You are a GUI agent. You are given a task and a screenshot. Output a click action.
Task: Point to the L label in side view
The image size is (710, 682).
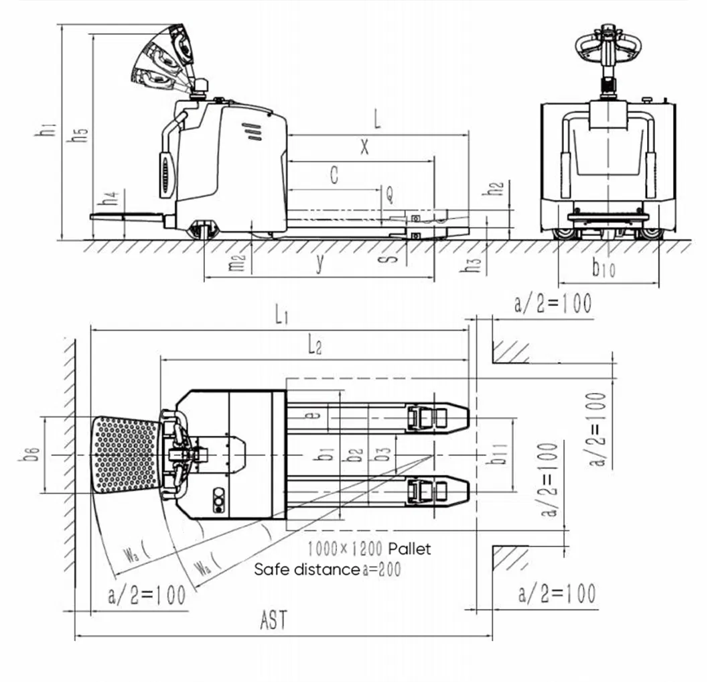pos(378,121)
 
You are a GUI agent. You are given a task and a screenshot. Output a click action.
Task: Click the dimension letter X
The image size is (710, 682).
pos(364,147)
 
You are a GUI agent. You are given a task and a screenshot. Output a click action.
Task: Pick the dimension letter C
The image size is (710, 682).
pos(335,176)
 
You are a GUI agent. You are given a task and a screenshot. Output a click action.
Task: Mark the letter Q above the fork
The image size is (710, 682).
pos(389,195)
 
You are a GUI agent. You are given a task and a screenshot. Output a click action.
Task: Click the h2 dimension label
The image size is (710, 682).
pos(496,188)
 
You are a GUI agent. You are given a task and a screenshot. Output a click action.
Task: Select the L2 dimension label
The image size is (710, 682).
pos(314,346)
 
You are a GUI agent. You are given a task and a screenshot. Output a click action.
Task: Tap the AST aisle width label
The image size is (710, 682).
pos(273,620)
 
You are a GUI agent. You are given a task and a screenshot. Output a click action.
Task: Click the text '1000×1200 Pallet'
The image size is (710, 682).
pos(369,549)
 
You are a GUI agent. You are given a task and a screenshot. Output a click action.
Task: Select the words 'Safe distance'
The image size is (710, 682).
pos(307,570)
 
